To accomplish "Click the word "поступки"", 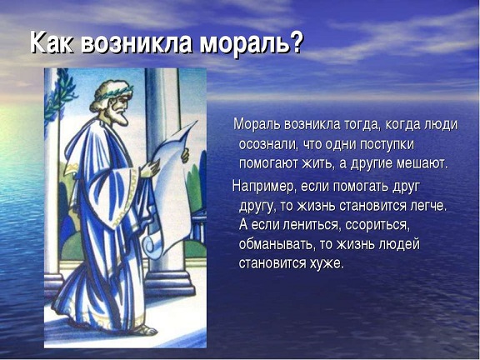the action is (387, 145).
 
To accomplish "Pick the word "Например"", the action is (264, 186).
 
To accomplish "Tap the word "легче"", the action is (428, 206).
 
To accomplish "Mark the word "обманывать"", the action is (276, 244).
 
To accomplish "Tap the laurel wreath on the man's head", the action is (114, 92).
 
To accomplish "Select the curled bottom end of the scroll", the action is (152, 245).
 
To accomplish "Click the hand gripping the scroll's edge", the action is (185, 155).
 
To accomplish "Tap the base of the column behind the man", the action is (169, 283).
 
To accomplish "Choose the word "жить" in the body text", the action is (317, 164).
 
